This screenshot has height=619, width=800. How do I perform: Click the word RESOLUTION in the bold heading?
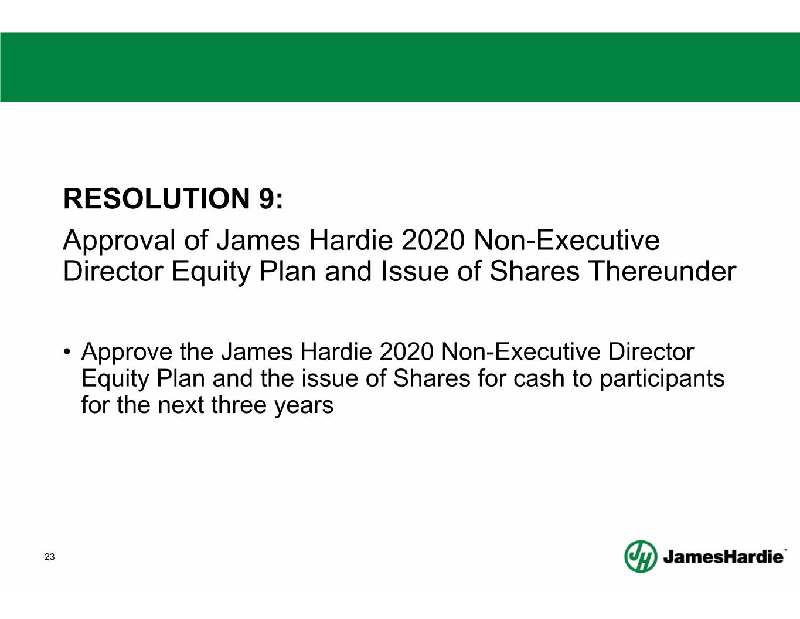coord(157,198)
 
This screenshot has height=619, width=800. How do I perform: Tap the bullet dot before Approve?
coord(67,350)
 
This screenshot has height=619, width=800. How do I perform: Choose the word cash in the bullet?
coord(539,378)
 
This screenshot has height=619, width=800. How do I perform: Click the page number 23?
coord(50,557)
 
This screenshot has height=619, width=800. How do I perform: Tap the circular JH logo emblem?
coord(641,556)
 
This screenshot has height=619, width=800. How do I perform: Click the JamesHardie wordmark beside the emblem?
coord(723,557)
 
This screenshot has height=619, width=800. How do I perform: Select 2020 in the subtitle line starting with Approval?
coord(433,241)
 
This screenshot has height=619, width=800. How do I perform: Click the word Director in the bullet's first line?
coord(651,351)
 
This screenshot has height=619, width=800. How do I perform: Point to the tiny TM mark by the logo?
coord(785,549)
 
